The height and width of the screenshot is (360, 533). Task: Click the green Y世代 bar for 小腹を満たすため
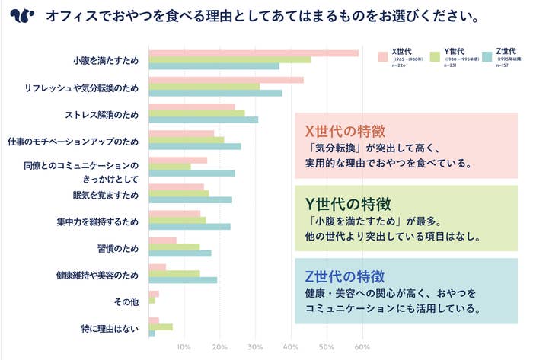coord(229,59)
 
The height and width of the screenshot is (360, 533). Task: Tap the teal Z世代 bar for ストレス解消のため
coord(203,119)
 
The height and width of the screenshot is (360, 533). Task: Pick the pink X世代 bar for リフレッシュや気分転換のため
coord(225,80)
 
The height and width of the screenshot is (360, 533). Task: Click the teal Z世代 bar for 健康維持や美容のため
coord(183,280)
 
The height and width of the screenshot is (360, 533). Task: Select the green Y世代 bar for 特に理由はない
coord(161,327)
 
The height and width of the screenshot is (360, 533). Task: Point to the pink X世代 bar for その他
coord(154,294)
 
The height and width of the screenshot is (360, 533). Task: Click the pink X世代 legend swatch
coord(383,56)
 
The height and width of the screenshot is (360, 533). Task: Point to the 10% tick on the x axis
coord(184,348)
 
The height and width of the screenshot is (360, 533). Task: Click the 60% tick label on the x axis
coord(362,348)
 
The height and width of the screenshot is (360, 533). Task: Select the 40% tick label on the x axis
coord(291,348)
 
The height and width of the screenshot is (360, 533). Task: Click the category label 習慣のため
coord(118,247)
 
